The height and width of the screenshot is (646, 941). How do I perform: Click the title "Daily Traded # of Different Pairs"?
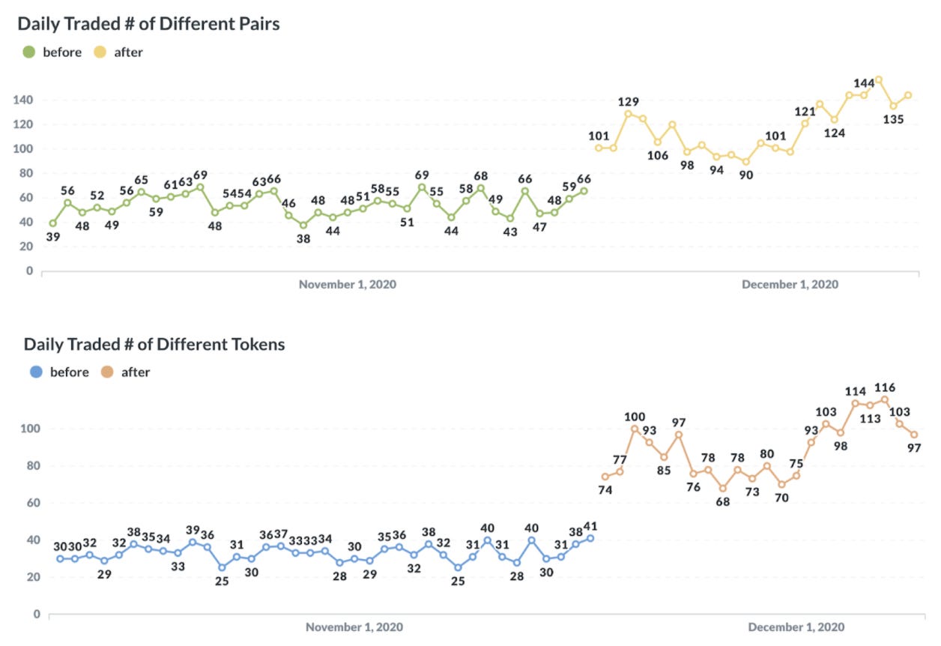pyautogui.click(x=148, y=23)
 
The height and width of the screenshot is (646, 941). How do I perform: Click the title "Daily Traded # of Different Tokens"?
pyautogui.click(x=154, y=344)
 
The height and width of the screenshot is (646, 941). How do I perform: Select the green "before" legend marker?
pyautogui.click(x=29, y=52)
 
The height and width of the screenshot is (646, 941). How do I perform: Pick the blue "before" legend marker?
pyautogui.click(x=35, y=372)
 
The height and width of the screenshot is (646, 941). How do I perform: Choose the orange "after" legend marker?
pyautogui.click(x=107, y=372)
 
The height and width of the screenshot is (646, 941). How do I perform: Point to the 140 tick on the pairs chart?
pyautogui.click(x=23, y=100)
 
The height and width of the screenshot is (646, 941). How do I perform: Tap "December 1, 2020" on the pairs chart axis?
pyautogui.click(x=790, y=285)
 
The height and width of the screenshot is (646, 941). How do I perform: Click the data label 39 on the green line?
pyautogui.click(x=52, y=237)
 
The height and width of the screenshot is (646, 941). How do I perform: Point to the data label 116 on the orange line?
pyautogui.click(x=885, y=387)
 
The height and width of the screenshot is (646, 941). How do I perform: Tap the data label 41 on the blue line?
pyautogui.click(x=591, y=525)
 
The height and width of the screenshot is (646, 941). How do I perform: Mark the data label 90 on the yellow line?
pyautogui.click(x=745, y=175)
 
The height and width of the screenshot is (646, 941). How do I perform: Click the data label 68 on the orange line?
pyautogui.click(x=723, y=501)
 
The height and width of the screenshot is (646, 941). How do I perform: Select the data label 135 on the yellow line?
pyautogui.click(x=893, y=119)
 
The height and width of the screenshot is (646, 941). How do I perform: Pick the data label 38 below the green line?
pyautogui.click(x=303, y=238)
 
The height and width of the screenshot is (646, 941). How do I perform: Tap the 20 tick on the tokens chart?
pyautogui.click(x=31, y=577)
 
